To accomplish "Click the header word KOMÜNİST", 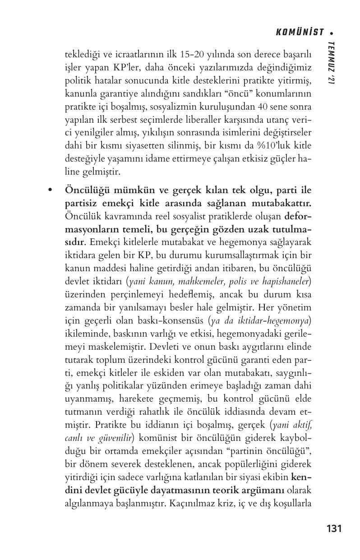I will (299, 32).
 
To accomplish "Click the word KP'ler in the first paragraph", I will (124, 68).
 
